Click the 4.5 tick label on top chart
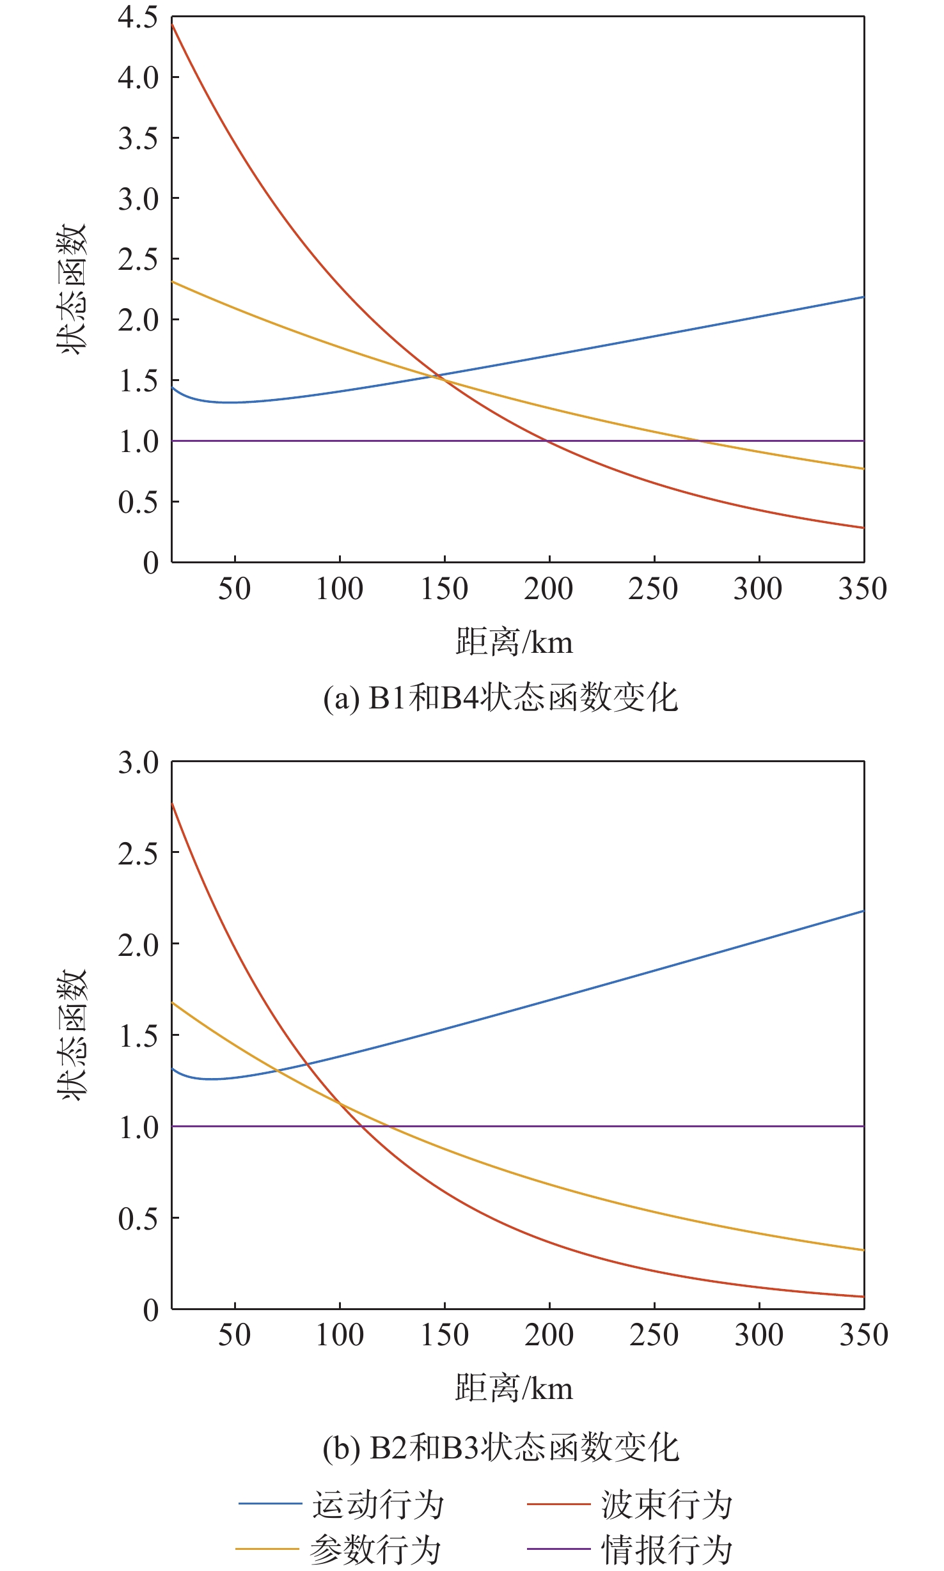[138, 18]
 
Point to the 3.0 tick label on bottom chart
[138, 762]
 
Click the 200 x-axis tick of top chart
[549, 589]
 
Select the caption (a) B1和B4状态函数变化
[500, 698]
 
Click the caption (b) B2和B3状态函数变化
[500, 1447]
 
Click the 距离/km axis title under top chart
[514, 642]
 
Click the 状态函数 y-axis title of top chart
[72, 289]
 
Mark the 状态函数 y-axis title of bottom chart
[72, 1035]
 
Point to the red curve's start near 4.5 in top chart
[173, 25]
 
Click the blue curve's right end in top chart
[863, 297]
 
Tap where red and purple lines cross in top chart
[547, 441]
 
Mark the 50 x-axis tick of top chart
[234, 589]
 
